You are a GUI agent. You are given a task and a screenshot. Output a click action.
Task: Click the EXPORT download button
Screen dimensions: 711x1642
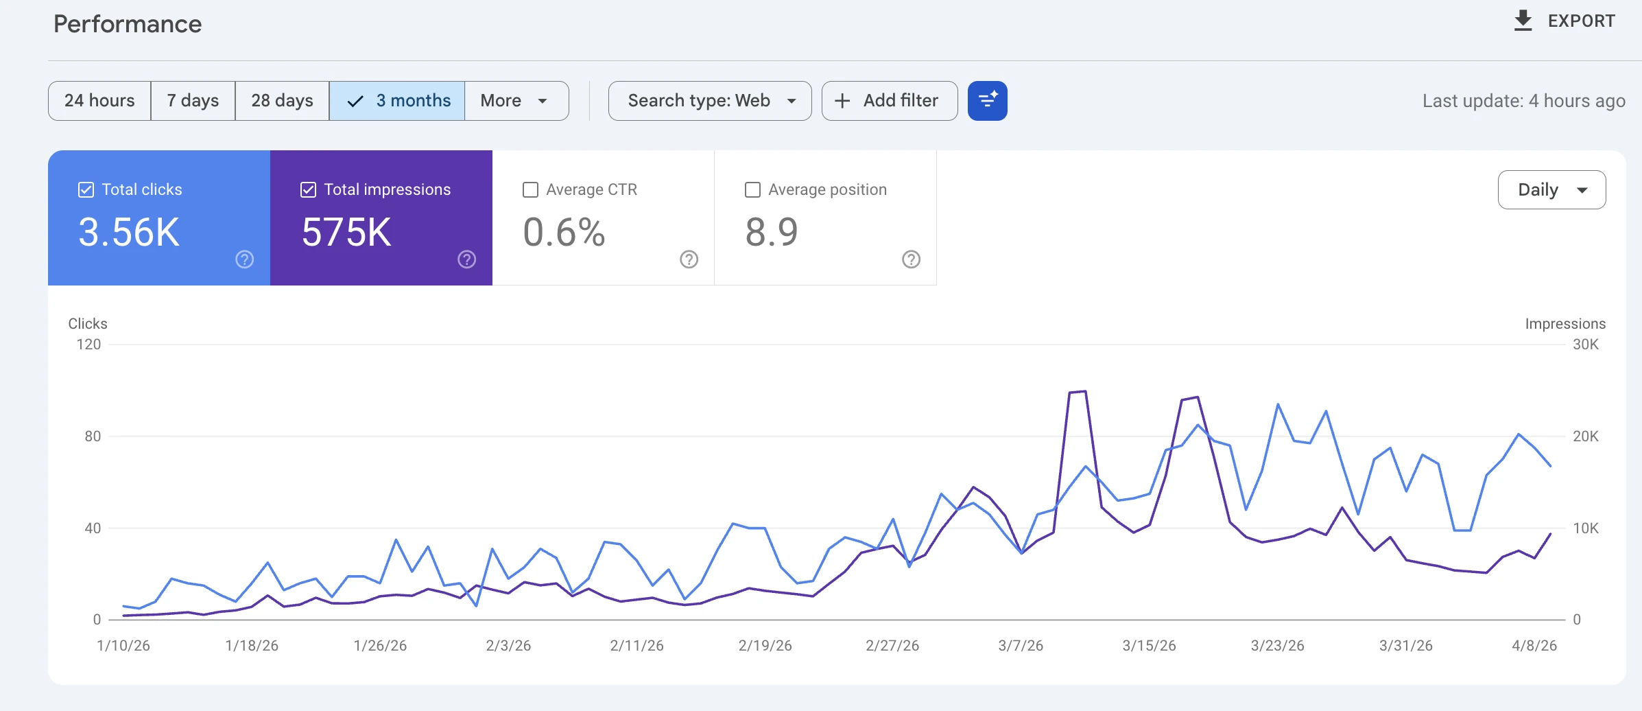(1564, 21)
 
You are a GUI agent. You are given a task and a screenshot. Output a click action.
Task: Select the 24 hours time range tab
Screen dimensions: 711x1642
(99, 101)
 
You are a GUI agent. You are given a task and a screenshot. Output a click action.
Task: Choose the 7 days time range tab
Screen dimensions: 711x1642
(193, 101)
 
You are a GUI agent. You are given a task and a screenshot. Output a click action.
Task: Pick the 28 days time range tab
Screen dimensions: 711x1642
(282, 101)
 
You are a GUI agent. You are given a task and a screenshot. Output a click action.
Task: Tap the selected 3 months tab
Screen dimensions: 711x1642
(397, 101)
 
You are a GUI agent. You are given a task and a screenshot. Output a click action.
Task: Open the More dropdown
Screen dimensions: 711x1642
(514, 101)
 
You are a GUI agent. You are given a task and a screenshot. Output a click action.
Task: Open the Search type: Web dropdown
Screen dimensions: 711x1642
(710, 101)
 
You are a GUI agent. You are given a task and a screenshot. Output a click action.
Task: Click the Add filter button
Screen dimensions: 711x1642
(889, 101)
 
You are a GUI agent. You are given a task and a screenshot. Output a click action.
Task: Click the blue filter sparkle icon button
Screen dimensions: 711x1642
(987, 101)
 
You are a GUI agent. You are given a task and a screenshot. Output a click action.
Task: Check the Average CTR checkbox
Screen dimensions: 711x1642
(530, 189)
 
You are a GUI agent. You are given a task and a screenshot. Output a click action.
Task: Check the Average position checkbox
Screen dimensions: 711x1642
(752, 189)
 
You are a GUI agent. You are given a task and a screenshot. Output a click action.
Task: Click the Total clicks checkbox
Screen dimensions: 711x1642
(86, 189)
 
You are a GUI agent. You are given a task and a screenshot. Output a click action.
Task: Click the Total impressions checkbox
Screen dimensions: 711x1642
(308, 189)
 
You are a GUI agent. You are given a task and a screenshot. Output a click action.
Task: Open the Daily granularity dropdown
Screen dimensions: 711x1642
(1551, 190)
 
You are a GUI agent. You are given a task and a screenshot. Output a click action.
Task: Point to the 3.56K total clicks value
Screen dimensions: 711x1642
(129, 232)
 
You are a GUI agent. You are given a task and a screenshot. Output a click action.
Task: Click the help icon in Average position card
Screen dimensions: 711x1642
(911, 259)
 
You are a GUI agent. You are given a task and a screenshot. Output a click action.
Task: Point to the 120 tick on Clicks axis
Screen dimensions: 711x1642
(88, 345)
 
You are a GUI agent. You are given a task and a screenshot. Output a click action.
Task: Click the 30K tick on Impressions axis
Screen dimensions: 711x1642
(1585, 345)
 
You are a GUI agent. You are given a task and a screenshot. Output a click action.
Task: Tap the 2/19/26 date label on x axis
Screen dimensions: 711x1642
(765, 646)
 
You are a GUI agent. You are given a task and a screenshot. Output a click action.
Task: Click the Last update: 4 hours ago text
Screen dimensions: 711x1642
(1523, 101)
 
